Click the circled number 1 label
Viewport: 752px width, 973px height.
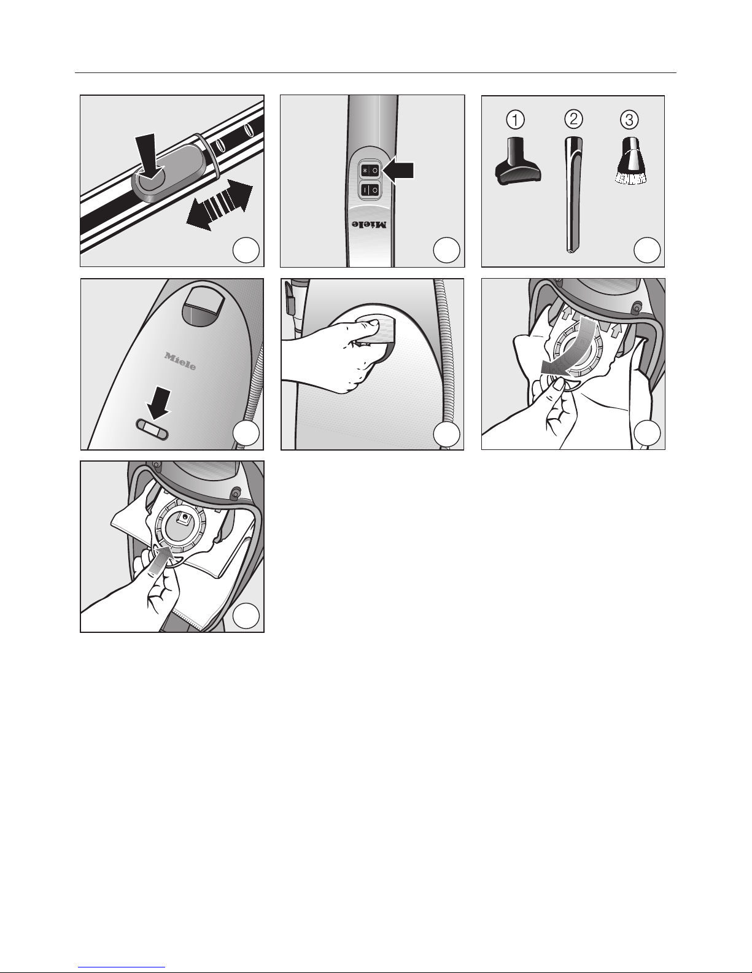point(515,120)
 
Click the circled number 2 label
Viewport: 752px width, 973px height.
point(573,119)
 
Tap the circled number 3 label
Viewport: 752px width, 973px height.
point(629,120)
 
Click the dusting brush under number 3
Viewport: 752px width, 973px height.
point(629,161)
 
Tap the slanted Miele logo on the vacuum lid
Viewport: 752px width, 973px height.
point(180,362)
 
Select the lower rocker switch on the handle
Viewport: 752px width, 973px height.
point(370,190)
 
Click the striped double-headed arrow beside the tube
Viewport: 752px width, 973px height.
point(219,204)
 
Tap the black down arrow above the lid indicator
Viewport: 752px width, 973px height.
point(159,405)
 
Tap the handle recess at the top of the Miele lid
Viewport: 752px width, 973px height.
point(204,306)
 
